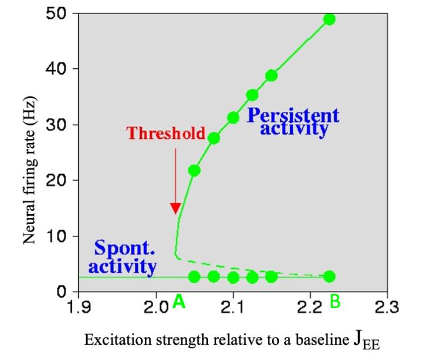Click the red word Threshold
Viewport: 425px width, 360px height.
[166, 133]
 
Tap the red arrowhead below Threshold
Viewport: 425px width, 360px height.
[175, 208]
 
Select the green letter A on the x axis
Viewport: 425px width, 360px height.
[180, 302]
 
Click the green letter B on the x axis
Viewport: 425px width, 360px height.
[335, 302]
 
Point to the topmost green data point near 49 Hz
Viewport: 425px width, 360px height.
[329, 19]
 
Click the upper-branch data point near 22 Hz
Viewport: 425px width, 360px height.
[194, 171]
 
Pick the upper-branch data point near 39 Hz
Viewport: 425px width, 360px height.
[271, 75]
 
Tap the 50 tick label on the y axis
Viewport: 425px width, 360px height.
[56, 14]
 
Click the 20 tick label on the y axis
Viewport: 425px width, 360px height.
[56, 180]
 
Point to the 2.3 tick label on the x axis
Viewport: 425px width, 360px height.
[387, 306]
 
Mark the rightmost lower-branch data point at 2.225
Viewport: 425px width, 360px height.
[329, 276]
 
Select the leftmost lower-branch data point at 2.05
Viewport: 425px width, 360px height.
[194, 276]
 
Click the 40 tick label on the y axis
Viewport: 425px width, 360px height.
[56, 69]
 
